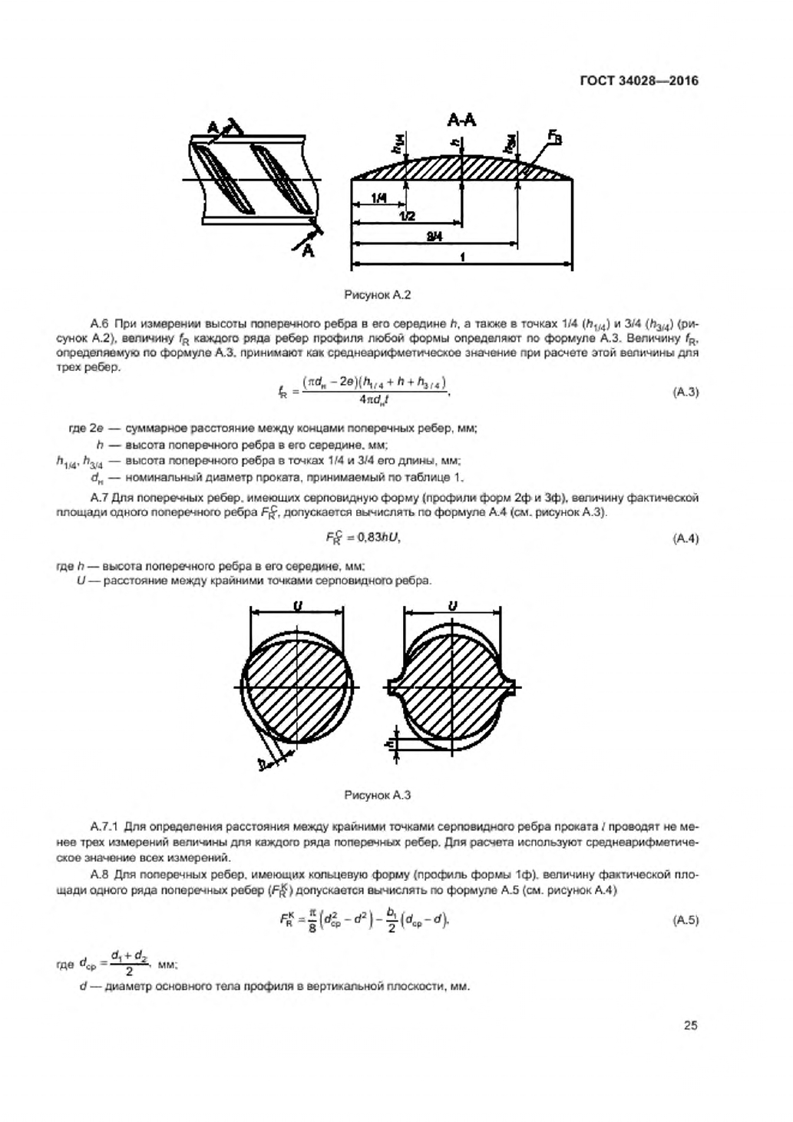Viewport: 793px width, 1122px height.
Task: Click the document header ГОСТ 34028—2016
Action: coord(639,80)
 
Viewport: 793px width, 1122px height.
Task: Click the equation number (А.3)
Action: coord(686,392)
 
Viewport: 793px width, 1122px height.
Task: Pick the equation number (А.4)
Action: coord(686,538)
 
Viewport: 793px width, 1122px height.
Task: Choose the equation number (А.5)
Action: coord(686,919)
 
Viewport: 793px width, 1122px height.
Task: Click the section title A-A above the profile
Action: coord(461,121)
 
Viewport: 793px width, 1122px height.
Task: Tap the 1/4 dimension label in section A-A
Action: coord(378,198)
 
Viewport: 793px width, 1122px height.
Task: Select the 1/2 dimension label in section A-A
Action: coord(407,217)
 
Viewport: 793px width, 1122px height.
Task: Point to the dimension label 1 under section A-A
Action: coord(462,258)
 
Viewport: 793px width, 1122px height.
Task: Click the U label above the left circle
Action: coord(297,606)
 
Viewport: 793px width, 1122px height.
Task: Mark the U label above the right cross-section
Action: coord(453,606)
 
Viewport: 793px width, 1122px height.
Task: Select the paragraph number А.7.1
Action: coord(106,827)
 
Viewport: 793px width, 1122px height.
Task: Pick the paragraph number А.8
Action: coord(102,875)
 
